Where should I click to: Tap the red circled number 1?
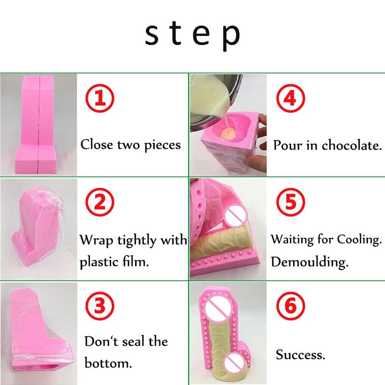100,98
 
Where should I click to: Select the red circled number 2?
100,202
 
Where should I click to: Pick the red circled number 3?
100,306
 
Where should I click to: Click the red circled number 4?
291,98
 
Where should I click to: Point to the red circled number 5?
291,202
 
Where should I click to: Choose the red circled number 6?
291,306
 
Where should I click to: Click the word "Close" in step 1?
97,144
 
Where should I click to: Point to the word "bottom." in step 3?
108,363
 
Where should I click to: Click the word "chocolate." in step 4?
352,145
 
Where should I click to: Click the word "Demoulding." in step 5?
309,262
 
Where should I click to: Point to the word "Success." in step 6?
300,355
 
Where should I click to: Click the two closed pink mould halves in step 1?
39,124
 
